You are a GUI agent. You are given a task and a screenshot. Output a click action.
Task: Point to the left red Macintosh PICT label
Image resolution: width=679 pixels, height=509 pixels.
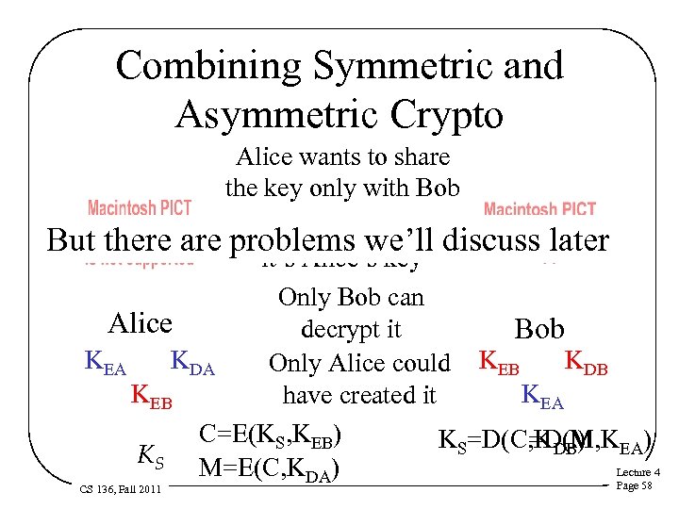[140, 207]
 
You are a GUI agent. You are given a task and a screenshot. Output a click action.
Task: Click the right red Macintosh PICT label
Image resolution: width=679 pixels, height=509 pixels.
[539, 209]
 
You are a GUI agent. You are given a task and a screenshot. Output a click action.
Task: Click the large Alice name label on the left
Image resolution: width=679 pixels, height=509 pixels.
[141, 323]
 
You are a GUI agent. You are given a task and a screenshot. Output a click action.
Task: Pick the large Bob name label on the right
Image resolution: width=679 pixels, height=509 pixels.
[538, 329]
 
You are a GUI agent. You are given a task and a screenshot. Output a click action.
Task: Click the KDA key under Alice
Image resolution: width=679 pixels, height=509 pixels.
[192, 364]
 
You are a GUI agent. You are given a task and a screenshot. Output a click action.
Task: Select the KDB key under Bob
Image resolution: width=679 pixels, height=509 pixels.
[585, 362]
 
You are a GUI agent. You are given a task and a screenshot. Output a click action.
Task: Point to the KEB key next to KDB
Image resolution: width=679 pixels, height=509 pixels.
[503, 362]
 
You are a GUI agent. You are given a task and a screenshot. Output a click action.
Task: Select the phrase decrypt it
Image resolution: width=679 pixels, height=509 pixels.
[351, 330]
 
